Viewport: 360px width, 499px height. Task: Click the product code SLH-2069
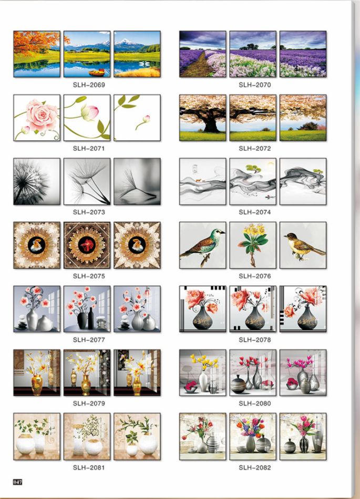89,85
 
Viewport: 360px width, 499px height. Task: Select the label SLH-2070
255,85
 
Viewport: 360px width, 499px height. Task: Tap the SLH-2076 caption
255,276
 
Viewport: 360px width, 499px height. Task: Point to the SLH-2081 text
89,467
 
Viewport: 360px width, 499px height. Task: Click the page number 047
17,482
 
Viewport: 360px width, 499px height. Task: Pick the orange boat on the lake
97,73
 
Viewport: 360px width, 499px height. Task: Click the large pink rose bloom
42,115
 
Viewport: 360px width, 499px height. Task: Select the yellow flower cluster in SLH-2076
254,229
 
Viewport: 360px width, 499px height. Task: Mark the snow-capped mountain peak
125,41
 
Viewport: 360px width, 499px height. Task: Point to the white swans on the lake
144,64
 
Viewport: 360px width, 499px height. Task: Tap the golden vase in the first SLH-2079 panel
37,384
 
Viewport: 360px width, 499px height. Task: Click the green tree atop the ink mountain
253,168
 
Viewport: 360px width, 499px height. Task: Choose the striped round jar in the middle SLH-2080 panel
238,384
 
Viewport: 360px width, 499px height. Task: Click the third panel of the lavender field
303,54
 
